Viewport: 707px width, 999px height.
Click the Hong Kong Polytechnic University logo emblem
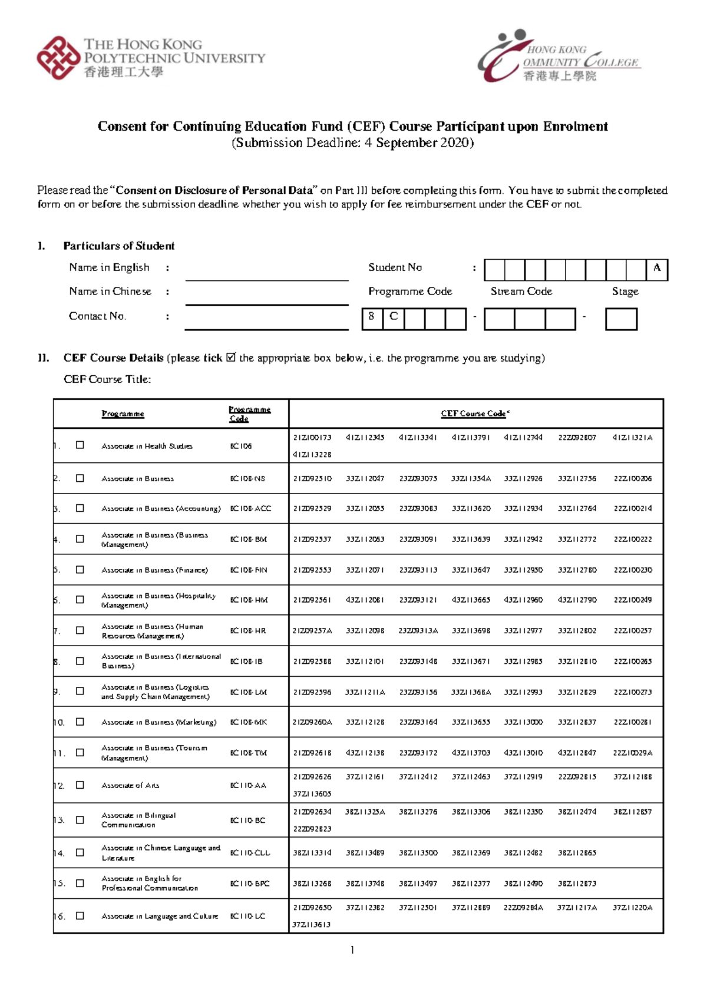pyautogui.click(x=58, y=58)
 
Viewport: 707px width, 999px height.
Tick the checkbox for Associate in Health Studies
pyautogui.click(x=80, y=445)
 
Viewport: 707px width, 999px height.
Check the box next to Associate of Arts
pyautogui.click(x=80, y=785)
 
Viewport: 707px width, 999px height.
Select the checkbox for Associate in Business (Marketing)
pyautogui.click(x=80, y=722)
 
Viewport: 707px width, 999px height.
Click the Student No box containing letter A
pyautogui.click(x=657, y=269)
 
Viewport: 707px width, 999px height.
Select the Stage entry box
pyautogui.click(x=621, y=319)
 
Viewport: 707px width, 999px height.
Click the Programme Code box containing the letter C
pyautogui.click(x=394, y=318)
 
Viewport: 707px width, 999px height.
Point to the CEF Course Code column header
pyautogui.click(x=475, y=414)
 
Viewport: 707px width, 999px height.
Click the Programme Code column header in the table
pyautogui.click(x=249, y=414)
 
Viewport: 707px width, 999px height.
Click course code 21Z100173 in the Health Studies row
pyautogui.click(x=312, y=438)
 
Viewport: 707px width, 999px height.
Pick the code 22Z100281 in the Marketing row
pyautogui.click(x=632, y=722)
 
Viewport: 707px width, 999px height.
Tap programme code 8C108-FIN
pyautogui.click(x=248, y=570)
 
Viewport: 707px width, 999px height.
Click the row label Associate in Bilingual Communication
pyautogui.click(x=139, y=820)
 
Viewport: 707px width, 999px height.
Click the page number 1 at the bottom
pyautogui.click(x=352, y=950)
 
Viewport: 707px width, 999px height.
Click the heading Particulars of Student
pyautogui.click(x=118, y=246)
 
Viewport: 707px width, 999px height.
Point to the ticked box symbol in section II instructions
pyautogui.click(x=230, y=357)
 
